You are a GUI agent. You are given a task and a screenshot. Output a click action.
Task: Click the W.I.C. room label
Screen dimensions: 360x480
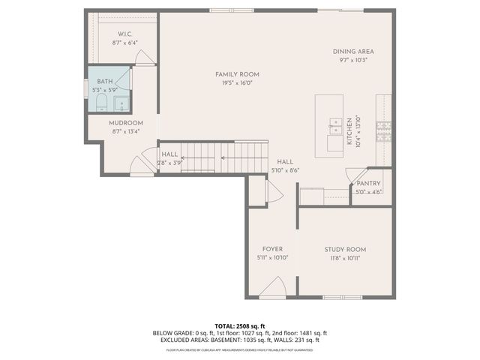124,34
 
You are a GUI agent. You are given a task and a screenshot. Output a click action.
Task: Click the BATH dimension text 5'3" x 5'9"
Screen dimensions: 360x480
106,90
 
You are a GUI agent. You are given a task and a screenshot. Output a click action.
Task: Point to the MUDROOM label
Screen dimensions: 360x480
125,122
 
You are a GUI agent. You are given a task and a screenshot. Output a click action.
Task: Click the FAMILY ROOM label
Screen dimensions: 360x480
237,74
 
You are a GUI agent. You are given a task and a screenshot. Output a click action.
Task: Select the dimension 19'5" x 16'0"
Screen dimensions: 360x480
237,83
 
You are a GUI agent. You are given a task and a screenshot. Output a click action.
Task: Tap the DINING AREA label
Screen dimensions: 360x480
353,51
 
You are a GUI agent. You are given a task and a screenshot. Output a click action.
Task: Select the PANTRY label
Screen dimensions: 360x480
368,183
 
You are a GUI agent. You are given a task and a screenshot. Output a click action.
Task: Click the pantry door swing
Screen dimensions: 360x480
352,175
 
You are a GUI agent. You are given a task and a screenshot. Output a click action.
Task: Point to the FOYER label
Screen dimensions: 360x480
272,249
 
